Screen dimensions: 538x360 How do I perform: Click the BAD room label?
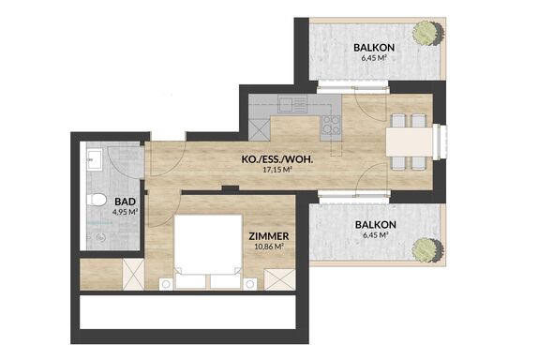pyautogui.click(x=125, y=202)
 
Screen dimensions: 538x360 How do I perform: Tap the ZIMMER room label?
pyautogui.click(x=269, y=236)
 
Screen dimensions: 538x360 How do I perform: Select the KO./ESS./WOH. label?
pyautogui.click(x=277, y=159)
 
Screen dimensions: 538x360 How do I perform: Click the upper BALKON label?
pyautogui.click(x=374, y=48)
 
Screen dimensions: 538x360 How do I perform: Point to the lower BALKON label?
pyautogui.click(x=375, y=225)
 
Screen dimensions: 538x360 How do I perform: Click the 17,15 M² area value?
pyautogui.click(x=277, y=170)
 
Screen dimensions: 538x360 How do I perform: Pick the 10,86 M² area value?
pyautogui.click(x=269, y=246)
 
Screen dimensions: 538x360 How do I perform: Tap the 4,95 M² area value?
pyautogui.click(x=125, y=212)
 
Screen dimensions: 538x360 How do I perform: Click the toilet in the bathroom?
pyautogui.click(x=96, y=200)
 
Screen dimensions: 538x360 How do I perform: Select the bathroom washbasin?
pyautogui.click(x=95, y=159)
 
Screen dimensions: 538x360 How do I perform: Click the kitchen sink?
pyautogui.click(x=292, y=104)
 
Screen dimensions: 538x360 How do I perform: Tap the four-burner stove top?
pyautogui.click(x=331, y=125)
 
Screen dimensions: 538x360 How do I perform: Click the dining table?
pyautogui.click(x=410, y=142)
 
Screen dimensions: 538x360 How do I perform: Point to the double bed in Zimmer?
pyautogui.click(x=208, y=251)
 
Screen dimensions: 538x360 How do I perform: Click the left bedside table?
pyautogui.click(x=166, y=284)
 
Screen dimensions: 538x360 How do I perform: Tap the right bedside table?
pyautogui.click(x=250, y=284)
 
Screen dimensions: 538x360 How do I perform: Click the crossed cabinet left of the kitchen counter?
pyautogui.click(x=260, y=129)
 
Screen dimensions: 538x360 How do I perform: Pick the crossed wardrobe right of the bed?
pyautogui.click(x=279, y=279)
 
